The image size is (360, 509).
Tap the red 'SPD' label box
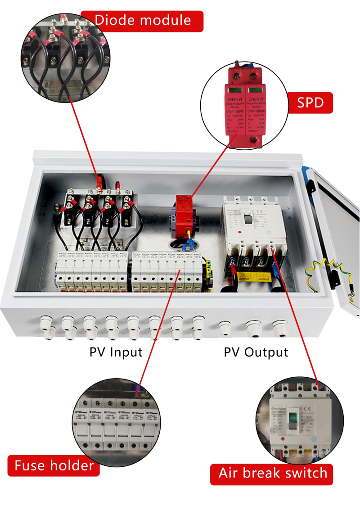click(310, 103)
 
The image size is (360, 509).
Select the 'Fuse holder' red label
click(53, 465)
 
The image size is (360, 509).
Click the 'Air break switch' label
click(273, 473)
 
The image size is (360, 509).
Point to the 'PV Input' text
click(116, 352)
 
